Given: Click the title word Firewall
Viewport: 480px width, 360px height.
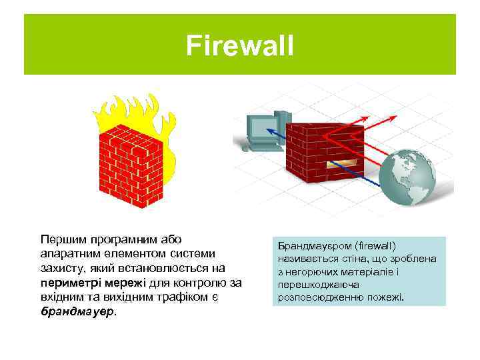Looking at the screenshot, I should point(239,46).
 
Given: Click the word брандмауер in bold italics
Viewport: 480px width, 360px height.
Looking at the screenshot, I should point(77,311).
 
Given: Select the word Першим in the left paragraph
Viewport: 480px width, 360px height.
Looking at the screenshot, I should point(62,239).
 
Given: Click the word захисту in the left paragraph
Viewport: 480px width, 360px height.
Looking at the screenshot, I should point(62,267).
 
